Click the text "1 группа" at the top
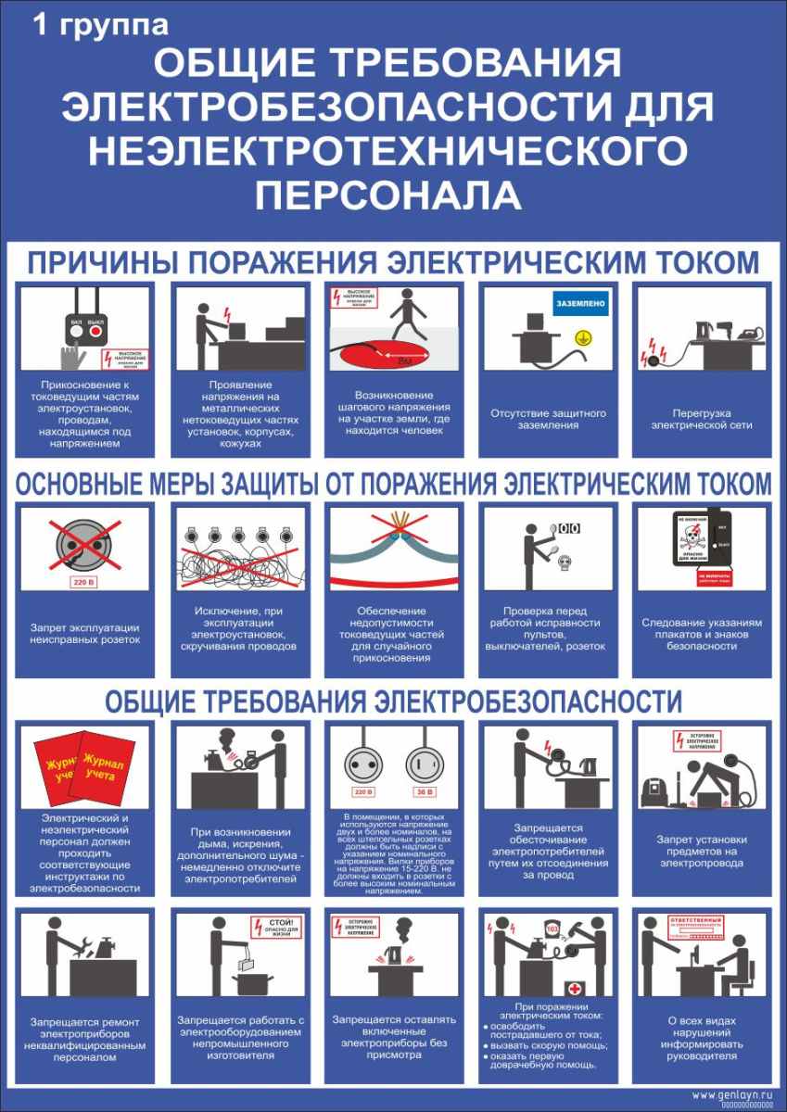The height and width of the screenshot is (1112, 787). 100,25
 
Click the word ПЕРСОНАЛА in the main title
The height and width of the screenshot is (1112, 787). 388,195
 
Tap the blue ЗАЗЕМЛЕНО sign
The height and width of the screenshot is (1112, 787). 580,303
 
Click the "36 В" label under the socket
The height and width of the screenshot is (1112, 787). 424,793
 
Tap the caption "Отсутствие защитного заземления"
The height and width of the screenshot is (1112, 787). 547,419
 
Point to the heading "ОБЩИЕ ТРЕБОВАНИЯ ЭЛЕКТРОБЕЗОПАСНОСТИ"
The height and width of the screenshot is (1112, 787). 393,701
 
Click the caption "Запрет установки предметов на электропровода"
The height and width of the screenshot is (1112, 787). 701,852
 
